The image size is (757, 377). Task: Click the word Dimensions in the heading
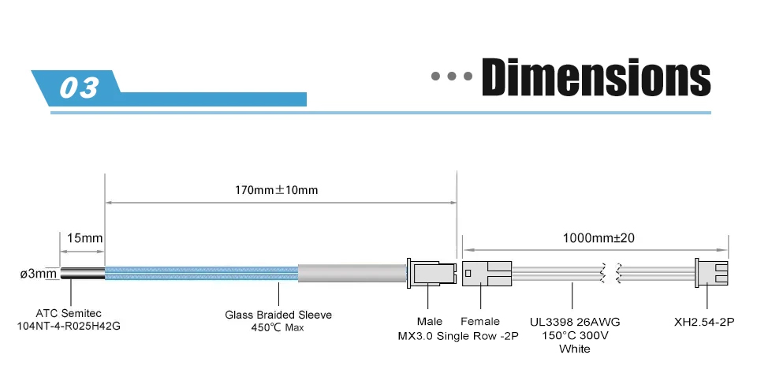[x=596, y=77]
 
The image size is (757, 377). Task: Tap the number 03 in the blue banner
[x=79, y=88]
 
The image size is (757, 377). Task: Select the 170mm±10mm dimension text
[x=277, y=190]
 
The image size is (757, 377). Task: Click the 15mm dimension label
[x=85, y=237]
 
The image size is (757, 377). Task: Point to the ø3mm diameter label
[x=39, y=274]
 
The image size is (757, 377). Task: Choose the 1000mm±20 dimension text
[x=599, y=237]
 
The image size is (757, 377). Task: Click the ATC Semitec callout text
[x=69, y=313]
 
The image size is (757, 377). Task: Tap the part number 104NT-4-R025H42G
[x=69, y=326]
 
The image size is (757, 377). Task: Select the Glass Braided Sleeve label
[x=278, y=315]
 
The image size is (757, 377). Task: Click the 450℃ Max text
[x=278, y=328]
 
